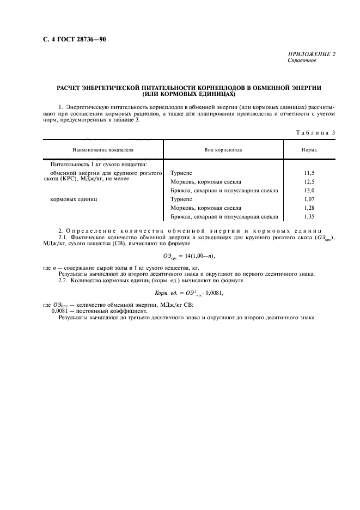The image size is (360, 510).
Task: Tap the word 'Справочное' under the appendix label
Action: point(301,61)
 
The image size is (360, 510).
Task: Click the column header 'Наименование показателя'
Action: point(103,149)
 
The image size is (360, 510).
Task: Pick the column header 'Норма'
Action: point(309,149)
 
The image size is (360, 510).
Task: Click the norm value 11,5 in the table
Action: point(309,173)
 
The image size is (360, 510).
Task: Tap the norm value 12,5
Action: point(309,181)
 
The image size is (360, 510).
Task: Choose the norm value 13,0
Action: point(309,190)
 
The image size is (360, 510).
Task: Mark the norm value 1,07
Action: point(309,199)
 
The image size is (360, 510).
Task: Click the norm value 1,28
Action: point(309,208)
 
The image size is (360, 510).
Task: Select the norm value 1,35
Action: point(309,217)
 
